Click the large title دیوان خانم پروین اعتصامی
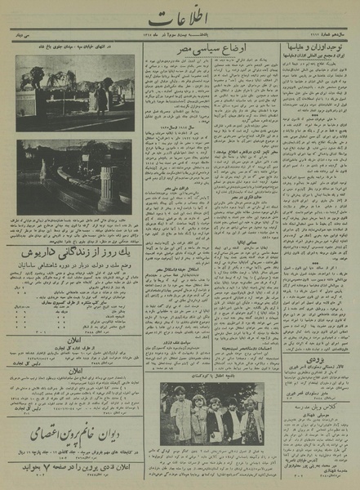click(x=71, y=431)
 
